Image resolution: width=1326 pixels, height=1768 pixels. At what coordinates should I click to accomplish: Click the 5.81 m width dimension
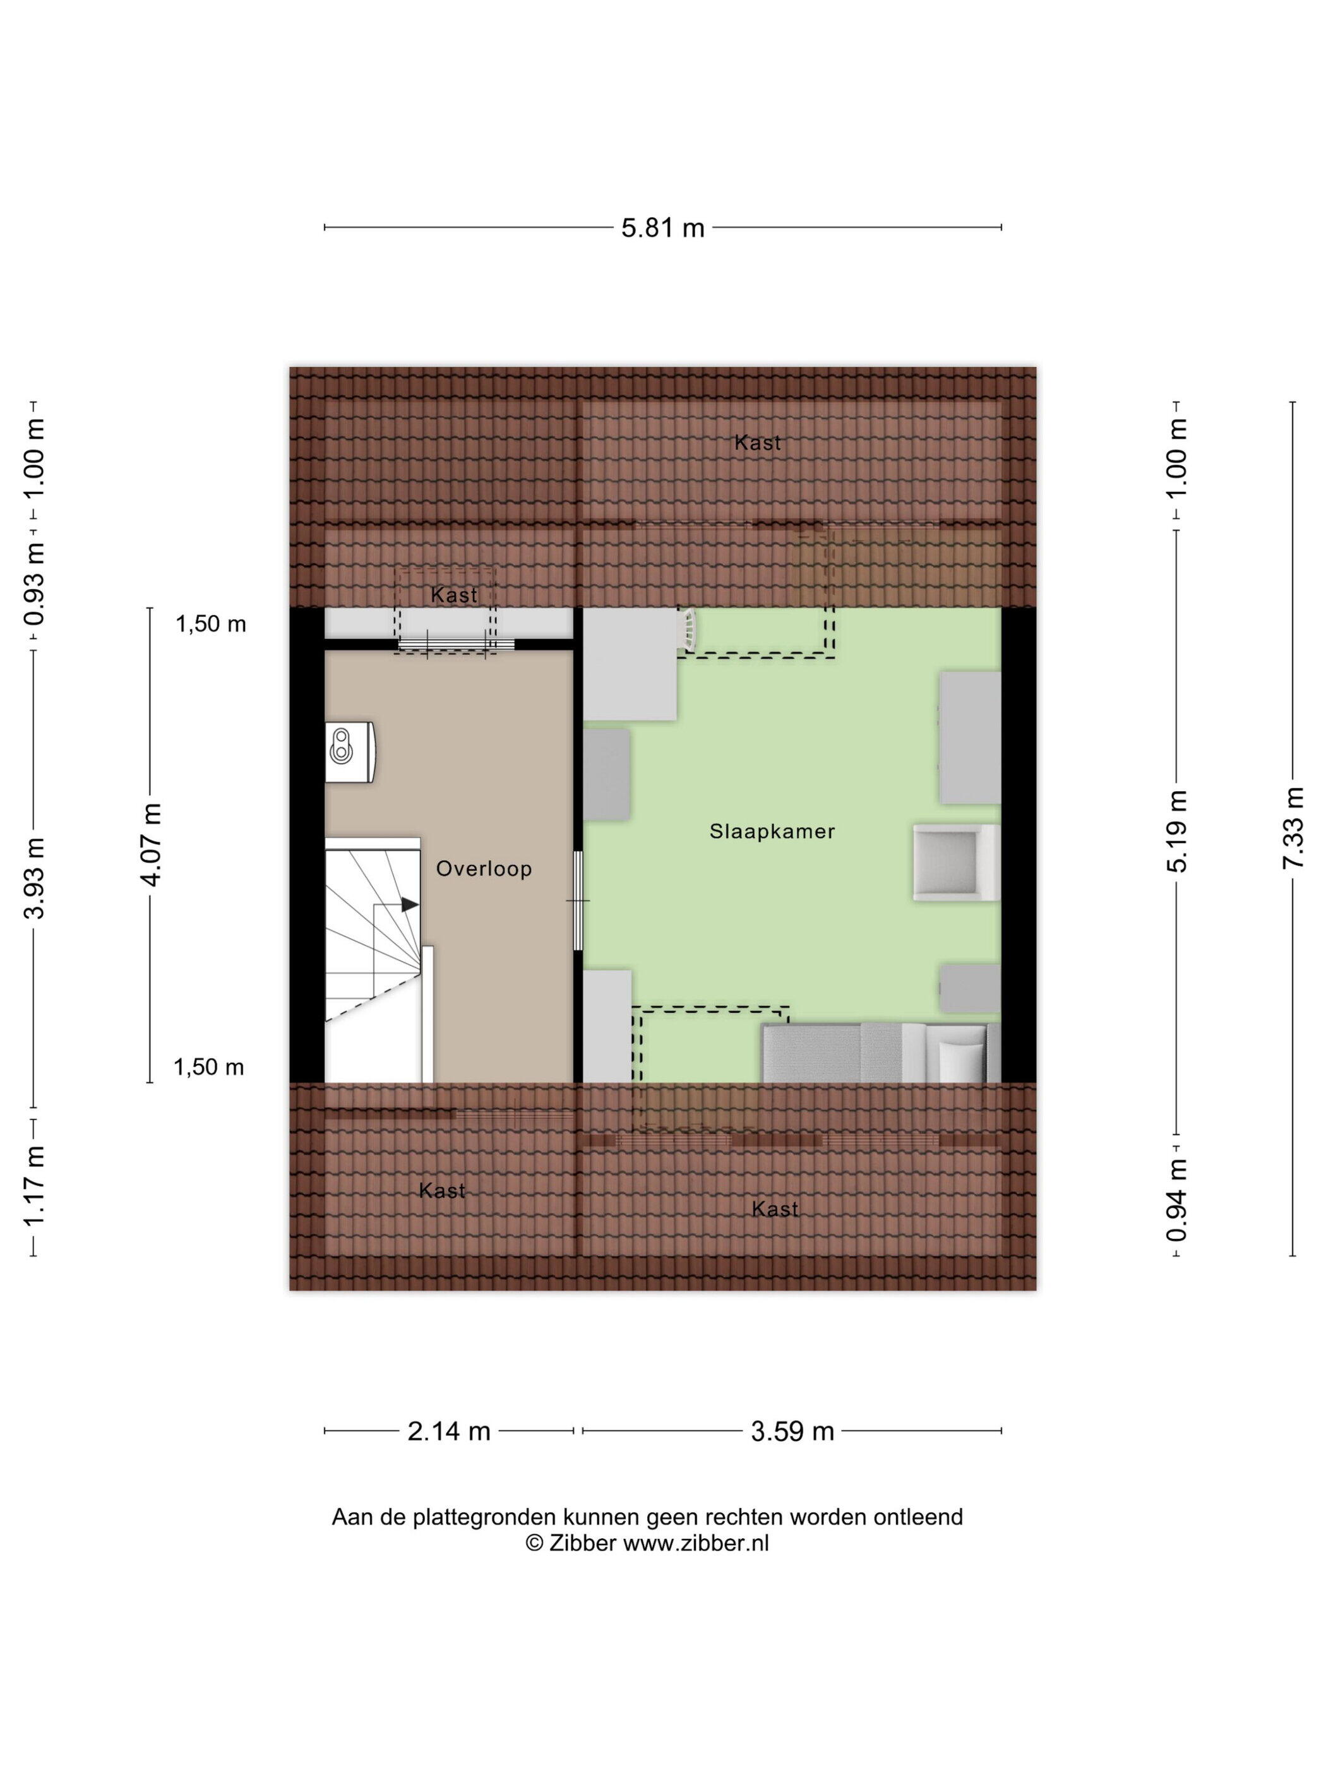click(x=662, y=229)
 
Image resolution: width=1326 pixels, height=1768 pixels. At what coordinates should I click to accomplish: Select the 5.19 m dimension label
click(x=1178, y=830)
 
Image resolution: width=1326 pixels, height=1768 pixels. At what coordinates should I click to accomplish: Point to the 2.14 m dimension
click(x=448, y=1431)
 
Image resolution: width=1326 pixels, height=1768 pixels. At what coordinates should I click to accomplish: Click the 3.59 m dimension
click(x=792, y=1431)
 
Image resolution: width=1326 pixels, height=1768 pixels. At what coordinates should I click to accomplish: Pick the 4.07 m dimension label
click(x=150, y=844)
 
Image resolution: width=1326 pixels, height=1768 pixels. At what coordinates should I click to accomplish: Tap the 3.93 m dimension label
click(x=34, y=878)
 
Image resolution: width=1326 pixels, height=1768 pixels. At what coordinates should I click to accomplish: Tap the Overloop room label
click(x=484, y=869)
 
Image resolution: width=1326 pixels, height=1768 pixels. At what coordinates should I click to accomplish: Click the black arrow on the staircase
click(x=409, y=904)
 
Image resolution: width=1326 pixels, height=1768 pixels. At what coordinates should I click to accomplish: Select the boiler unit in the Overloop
click(x=350, y=751)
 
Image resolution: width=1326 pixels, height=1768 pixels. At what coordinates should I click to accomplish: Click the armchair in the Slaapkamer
click(x=956, y=863)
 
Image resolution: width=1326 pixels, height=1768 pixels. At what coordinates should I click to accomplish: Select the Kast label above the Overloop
click(x=454, y=595)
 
